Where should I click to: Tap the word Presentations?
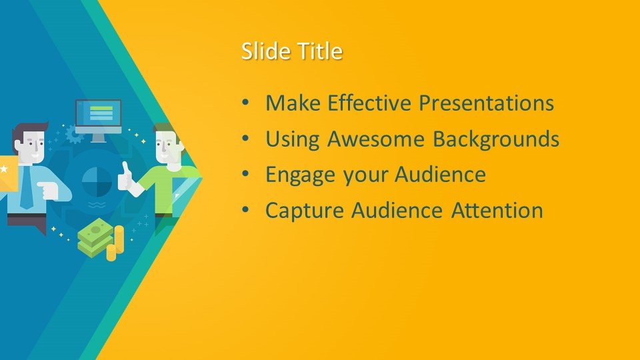pos(487,103)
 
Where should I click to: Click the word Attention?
pos(497,211)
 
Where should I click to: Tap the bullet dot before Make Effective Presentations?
pos(245,103)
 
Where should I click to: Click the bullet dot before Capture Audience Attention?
pos(245,210)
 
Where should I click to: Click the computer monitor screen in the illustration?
pos(99,113)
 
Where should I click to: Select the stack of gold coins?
pos(115,244)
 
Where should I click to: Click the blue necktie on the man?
pos(27,187)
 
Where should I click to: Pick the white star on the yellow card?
pos(4,169)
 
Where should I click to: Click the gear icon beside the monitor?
pos(74,134)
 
